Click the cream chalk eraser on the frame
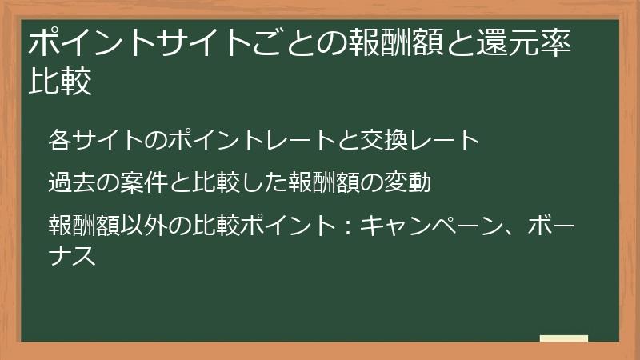563,339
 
